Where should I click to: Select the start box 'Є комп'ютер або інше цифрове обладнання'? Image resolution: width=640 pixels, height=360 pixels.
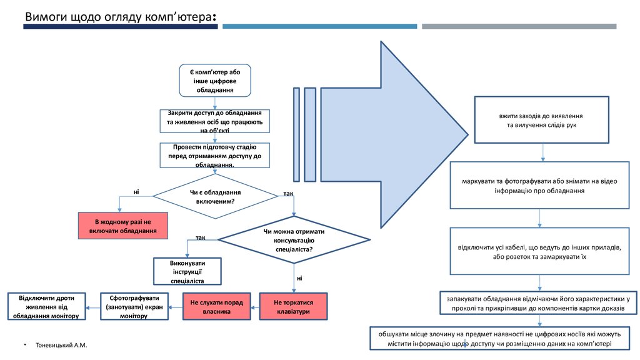(x=215, y=81)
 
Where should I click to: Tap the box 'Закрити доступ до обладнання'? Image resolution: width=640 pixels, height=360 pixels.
(x=215, y=121)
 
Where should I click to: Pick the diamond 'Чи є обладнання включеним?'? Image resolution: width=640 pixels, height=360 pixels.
(x=215, y=196)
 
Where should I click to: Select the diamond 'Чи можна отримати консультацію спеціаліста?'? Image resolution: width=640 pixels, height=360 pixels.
(x=294, y=240)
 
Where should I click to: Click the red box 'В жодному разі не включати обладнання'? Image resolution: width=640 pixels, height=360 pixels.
(x=124, y=226)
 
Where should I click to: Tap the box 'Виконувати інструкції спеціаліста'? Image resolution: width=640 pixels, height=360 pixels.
(x=188, y=272)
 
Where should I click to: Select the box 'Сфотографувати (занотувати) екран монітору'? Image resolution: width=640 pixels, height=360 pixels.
(x=135, y=306)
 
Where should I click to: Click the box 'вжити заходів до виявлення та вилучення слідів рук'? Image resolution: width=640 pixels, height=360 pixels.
(x=541, y=121)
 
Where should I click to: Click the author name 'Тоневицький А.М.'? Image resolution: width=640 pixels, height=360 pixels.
(x=62, y=346)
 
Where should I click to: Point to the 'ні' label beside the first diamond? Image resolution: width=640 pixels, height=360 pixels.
(x=136, y=191)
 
